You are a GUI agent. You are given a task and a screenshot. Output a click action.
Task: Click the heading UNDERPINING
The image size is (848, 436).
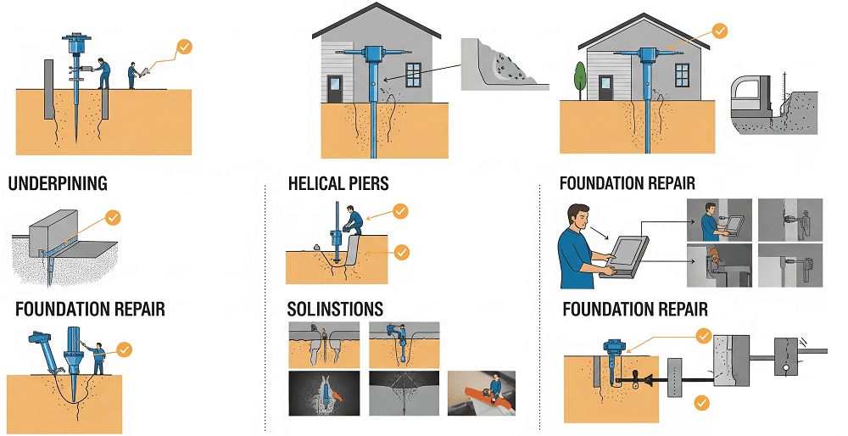coord(58,183)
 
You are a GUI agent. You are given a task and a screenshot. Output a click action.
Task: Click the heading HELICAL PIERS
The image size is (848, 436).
coord(338,183)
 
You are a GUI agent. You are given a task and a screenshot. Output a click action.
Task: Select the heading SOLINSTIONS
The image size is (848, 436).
coord(335,309)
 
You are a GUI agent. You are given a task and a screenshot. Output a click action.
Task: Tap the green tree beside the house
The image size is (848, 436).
coord(580,80)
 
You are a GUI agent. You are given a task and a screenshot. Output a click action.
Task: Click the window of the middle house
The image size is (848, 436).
coord(413,75)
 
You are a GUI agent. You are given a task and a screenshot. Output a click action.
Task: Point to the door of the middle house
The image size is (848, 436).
coord(335,89)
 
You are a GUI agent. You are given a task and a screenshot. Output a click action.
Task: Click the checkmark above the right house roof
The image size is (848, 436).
coord(719,31)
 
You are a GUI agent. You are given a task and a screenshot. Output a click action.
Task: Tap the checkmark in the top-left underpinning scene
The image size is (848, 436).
coord(184,47)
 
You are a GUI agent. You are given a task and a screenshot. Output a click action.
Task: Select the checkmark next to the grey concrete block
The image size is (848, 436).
coord(113,218)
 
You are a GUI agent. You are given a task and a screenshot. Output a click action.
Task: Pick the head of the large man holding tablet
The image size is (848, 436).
coord(578,217)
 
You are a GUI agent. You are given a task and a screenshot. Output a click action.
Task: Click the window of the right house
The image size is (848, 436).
coord(683,75)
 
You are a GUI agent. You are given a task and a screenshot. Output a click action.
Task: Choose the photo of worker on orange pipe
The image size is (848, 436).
coord(482,393)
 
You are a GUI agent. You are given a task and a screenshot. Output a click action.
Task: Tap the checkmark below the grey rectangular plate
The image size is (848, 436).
coord(702,403)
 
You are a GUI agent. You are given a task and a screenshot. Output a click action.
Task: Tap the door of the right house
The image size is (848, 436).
coord(605,89)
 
